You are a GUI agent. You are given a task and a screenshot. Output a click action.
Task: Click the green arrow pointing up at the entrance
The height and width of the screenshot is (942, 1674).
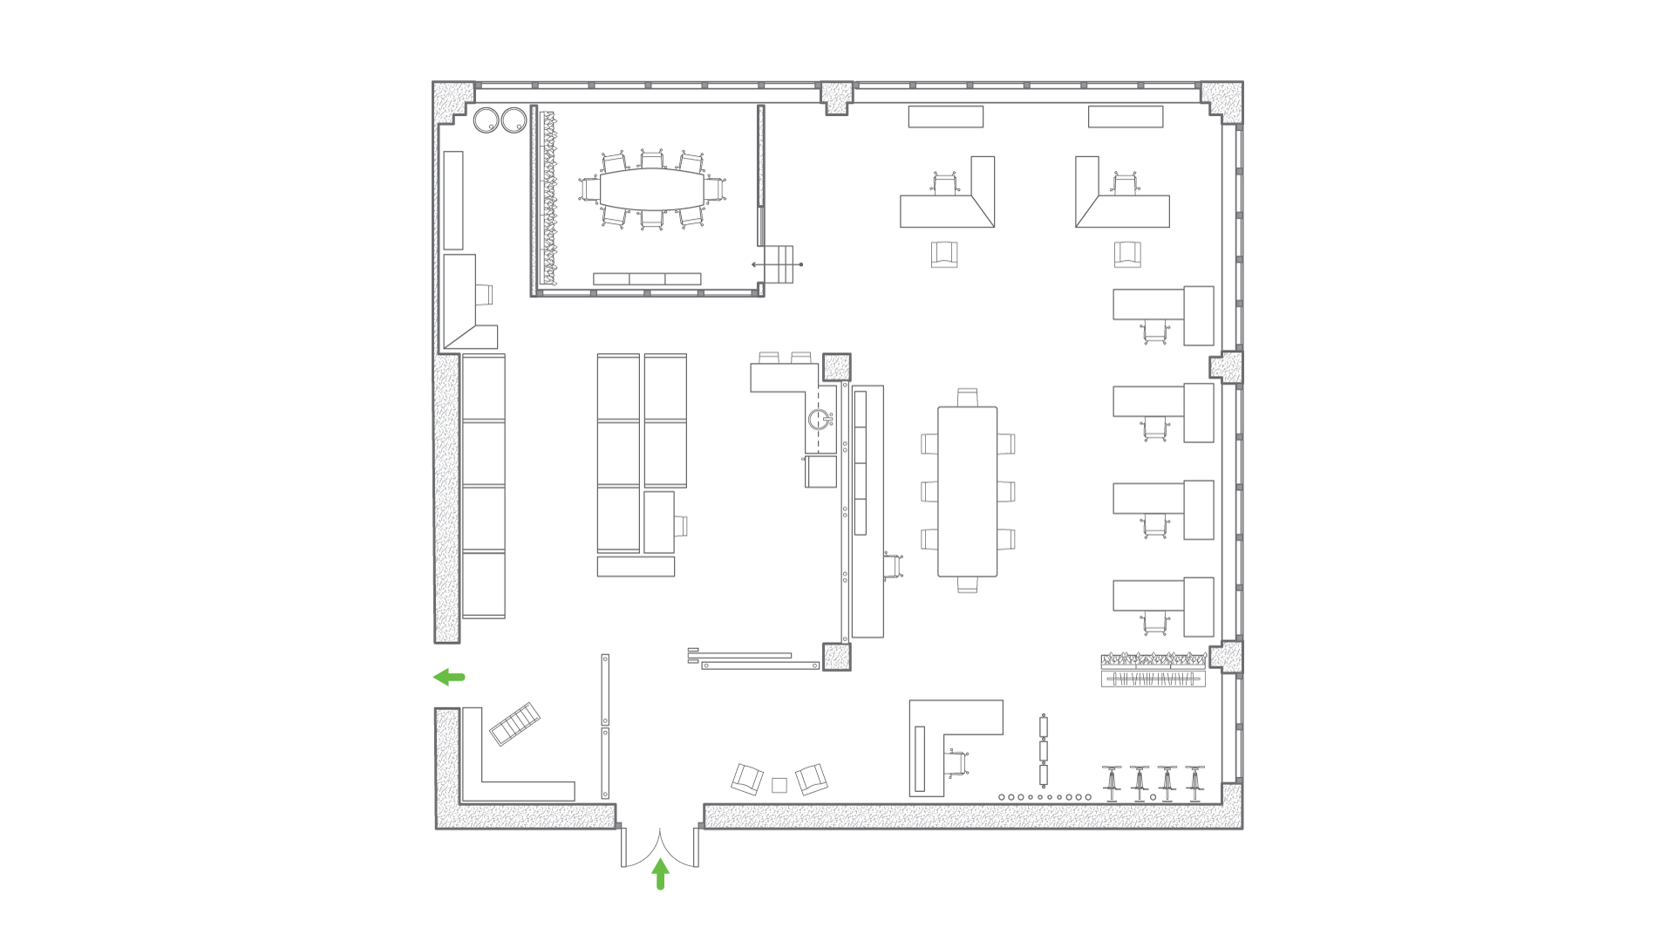point(660,874)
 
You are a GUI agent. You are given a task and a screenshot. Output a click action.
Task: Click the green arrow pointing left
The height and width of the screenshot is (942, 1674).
point(449,677)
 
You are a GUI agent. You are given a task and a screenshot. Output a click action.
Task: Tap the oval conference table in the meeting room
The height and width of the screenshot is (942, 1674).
point(651,188)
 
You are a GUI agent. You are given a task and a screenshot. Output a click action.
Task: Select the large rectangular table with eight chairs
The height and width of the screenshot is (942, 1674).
point(967,491)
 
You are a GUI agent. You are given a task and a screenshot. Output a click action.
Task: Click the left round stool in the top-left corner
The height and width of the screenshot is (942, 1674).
point(486,120)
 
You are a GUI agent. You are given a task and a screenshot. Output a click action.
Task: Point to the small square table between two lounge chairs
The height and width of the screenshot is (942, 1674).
point(779,785)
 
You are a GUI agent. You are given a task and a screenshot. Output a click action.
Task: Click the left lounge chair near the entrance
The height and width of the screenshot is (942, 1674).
point(747,778)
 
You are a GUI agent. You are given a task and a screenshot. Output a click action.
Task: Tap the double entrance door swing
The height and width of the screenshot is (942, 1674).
point(660,849)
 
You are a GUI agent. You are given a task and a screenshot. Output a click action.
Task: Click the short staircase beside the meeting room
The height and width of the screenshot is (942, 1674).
point(779,263)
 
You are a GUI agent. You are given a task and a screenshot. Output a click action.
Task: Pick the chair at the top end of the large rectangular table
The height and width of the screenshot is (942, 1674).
point(967,397)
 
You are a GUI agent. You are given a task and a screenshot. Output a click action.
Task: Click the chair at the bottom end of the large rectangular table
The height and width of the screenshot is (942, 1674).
point(967,585)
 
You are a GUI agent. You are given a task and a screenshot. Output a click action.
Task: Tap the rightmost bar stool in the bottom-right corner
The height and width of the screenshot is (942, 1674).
point(1194,782)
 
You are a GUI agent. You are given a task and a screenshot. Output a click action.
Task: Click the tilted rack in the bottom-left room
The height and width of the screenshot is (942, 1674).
point(514,724)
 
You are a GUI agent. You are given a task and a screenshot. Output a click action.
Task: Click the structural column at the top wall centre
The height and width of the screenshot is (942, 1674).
point(836,98)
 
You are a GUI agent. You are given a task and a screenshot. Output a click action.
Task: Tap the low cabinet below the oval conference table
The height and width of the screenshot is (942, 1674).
point(647,279)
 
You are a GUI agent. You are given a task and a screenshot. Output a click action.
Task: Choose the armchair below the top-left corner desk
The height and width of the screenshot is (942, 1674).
point(944,255)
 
